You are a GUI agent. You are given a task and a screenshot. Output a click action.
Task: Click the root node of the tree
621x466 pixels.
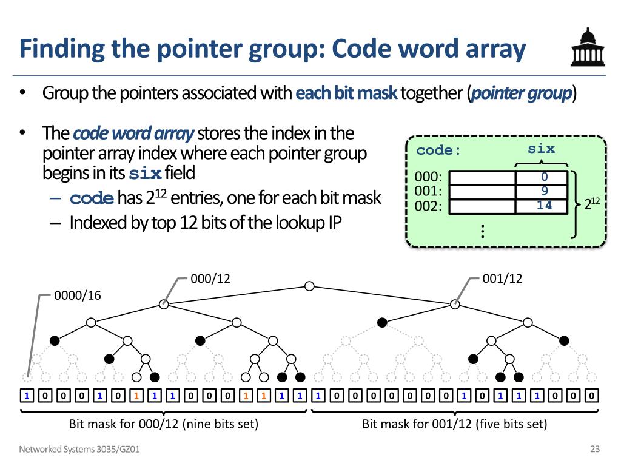coord(309,286)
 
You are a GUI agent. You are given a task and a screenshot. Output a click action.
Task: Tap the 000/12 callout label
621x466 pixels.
coord(210,279)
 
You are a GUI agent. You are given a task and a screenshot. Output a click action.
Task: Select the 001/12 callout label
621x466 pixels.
coord(502,279)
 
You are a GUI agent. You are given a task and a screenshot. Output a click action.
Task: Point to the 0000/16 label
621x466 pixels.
coord(78,295)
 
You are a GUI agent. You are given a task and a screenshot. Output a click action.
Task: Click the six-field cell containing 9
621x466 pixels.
coord(544,191)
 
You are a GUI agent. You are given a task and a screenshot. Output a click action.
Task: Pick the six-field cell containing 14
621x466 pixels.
coord(544,206)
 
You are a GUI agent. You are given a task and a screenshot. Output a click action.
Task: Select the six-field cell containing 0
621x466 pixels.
coord(544,177)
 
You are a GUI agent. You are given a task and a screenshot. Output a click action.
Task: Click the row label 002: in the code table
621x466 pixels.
coord(429,206)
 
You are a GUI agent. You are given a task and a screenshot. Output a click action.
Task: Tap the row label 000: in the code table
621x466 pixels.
coord(429,178)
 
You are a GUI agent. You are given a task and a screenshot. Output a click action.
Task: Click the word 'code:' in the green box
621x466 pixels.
coord(438,150)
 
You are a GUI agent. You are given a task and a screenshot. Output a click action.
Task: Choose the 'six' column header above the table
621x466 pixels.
coord(541,149)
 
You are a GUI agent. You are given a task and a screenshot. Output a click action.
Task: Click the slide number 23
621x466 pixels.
coord(594,450)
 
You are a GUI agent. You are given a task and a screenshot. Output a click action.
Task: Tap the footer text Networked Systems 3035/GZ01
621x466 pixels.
coord(83,450)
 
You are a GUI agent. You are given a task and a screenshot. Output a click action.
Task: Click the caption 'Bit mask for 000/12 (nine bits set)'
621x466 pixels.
coord(164,424)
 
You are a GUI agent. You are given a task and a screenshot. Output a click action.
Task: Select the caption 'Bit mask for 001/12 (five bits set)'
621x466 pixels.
coord(455,424)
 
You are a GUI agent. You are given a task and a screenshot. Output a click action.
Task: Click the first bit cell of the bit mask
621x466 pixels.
coord(27,397)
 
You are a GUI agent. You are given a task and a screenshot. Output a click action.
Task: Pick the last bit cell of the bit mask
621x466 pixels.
coord(592,397)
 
